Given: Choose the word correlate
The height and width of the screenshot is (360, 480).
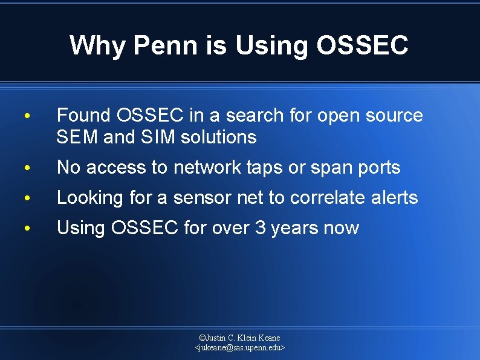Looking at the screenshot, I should (x=331, y=198).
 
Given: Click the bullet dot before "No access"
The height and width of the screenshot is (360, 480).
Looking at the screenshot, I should (x=27, y=168).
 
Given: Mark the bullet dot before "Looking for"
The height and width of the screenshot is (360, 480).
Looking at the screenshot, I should (x=27, y=198).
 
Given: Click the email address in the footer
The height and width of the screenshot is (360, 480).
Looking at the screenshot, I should (x=240, y=348).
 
